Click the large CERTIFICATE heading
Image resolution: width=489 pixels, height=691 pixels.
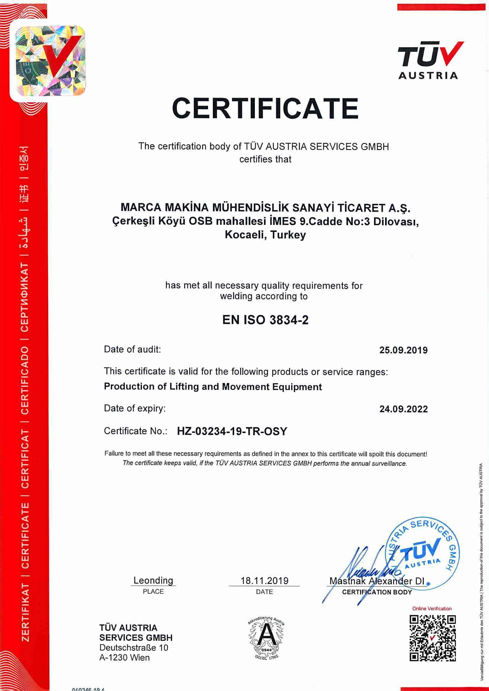tap(265, 109)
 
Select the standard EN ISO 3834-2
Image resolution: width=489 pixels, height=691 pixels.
tap(265, 320)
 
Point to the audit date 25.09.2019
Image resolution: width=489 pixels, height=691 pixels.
tap(403, 350)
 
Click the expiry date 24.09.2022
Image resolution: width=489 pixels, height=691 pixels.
tap(403, 409)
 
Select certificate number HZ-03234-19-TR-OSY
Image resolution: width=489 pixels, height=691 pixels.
tap(232, 431)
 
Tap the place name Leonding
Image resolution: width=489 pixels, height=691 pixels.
tap(153, 580)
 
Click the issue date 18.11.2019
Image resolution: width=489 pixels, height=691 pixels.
tap(264, 580)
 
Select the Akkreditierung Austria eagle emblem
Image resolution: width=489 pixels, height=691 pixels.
tap(265, 637)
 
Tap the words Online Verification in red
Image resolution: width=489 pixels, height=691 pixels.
tap(432, 608)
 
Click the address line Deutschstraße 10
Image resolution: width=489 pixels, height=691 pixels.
tap(134, 648)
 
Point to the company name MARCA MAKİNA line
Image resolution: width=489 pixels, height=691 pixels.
tap(265, 208)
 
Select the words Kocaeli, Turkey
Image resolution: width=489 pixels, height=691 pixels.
tap(265, 235)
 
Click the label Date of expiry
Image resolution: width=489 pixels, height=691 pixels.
tap(135, 409)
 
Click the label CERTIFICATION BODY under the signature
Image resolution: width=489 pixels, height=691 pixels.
tap(377, 592)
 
